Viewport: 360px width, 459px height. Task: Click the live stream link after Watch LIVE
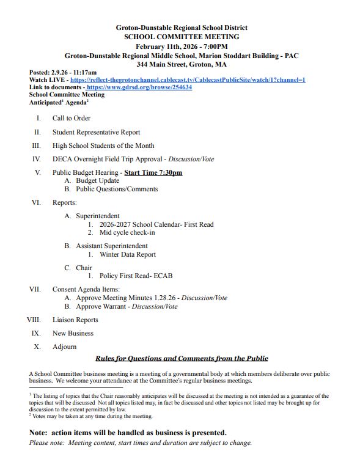coord(188,80)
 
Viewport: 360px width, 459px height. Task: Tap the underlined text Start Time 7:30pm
coord(153,173)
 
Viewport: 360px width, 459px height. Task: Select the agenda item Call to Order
coord(72,118)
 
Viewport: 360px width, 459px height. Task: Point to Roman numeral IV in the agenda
coord(37,159)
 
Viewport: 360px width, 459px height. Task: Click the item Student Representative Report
coord(96,132)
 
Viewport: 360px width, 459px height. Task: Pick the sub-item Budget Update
coord(97,181)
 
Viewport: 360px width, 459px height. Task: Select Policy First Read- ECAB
coord(136,276)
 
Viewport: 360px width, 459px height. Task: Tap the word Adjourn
coord(65,347)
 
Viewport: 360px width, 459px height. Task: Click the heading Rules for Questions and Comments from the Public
coord(182,359)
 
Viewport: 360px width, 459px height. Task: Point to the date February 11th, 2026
coord(158,46)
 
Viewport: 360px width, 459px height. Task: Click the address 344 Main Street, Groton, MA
coord(182,64)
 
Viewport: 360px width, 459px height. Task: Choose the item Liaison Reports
coord(75,320)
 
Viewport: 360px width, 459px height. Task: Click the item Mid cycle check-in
coord(127,233)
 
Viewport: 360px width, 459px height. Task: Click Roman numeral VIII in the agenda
coord(34,320)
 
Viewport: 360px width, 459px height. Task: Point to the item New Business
coord(73,333)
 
